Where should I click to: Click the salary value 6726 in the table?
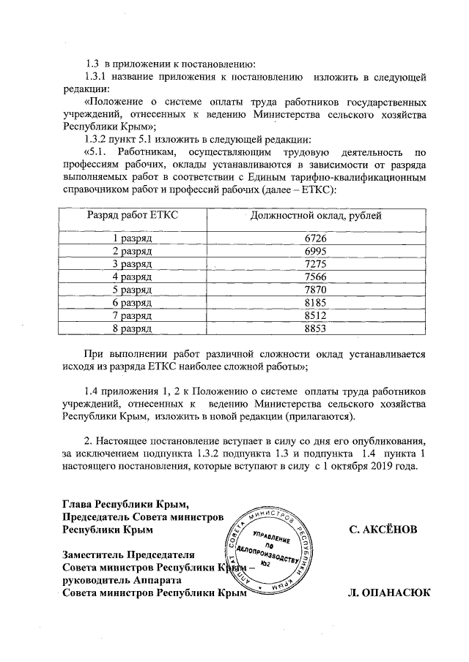pos(314,238)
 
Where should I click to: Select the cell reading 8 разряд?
pos(132,330)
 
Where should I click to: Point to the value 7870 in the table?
pos(314,290)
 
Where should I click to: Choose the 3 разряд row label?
pos(132,264)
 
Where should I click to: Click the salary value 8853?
pos(314,330)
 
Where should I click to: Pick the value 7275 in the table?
pos(314,264)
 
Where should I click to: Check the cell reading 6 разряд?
pos(132,303)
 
